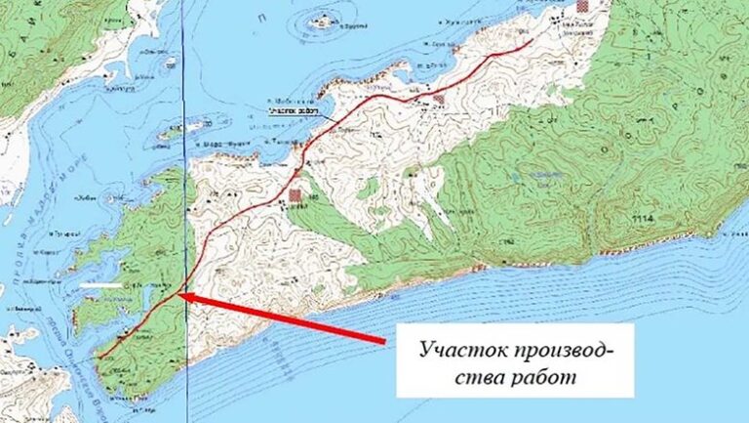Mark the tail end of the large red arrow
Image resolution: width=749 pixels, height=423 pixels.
(x=385, y=341)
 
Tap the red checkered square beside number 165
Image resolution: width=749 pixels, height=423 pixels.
(x=295, y=196)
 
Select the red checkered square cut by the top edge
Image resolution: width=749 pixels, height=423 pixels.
(x=583, y=5)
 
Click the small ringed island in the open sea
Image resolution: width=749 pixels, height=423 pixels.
(x=322, y=21)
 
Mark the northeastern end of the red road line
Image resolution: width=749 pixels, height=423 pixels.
(x=531, y=41)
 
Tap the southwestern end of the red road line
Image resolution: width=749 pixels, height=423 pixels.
(x=99, y=360)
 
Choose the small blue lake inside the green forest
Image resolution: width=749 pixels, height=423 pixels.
(x=518, y=176)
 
